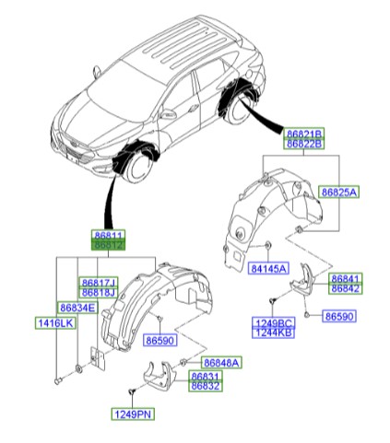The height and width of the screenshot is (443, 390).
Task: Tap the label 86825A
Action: (338, 192)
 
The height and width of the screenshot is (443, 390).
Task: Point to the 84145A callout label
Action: (267, 268)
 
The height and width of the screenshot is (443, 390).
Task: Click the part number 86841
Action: (346, 277)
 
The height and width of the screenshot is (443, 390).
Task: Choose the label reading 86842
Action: (346, 288)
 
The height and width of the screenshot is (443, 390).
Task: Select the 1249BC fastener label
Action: (273, 323)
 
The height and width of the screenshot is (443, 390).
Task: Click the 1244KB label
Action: (273, 334)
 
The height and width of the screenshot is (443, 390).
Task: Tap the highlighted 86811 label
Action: (109, 237)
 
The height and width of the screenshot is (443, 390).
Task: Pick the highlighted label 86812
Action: (109, 247)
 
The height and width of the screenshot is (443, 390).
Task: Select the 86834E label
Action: (77, 307)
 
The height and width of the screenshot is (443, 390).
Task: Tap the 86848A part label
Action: (221, 363)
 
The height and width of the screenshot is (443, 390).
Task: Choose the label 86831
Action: (207, 378)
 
